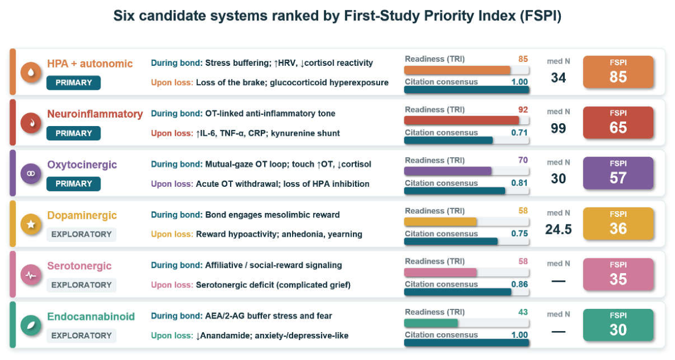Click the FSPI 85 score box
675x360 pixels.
tap(618, 72)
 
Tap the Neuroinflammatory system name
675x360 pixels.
tap(95, 114)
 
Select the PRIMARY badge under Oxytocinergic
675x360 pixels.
tap(74, 183)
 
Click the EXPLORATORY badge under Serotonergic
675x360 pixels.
tap(81, 284)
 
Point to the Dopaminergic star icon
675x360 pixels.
tap(31, 224)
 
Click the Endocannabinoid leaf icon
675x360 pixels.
tap(31, 325)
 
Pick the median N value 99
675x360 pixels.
tap(559, 128)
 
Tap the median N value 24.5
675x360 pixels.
tap(559, 229)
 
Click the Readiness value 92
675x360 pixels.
tap(523, 110)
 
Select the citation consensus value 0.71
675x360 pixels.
tap(519, 132)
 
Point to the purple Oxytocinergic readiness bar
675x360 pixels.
tap(448, 171)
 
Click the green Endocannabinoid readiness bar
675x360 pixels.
tap(431, 323)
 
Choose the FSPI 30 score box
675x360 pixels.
tap(618, 325)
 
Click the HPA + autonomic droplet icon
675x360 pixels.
tap(31, 72)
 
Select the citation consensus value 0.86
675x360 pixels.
tap(519, 284)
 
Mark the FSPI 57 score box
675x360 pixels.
tap(618, 173)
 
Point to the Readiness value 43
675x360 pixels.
tap(523, 312)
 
